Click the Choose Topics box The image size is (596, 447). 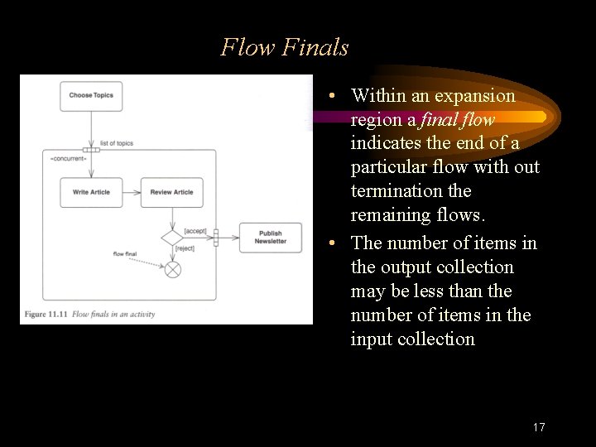pyautogui.click(x=91, y=95)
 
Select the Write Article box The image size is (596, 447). pyautogui.click(x=91, y=192)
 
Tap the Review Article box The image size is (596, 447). pyautogui.click(x=171, y=192)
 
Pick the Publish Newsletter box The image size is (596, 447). pyautogui.click(x=270, y=238)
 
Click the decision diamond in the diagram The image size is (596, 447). pyautogui.click(x=172, y=238)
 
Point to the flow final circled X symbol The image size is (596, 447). pyautogui.click(x=172, y=270)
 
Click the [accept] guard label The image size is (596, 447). pyautogui.click(x=195, y=231)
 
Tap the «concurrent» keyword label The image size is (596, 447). pyautogui.click(x=68, y=158)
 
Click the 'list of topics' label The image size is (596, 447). pyautogui.click(x=116, y=143)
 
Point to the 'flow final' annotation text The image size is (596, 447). pyautogui.click(x=124, y=254)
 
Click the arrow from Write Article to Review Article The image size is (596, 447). pyautogui.click(x=131, y=192)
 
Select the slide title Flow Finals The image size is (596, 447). pyautogui.click(x=285, y=47)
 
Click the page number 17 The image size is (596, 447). pyautogui.click(x=539, y=427)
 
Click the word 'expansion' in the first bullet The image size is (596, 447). pyautogui.click(x=476, y=96)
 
